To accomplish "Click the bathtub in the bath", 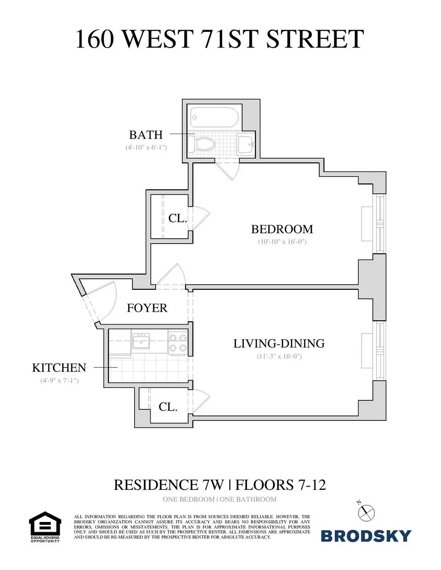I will click(214, 118).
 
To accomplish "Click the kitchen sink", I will click(141, 342).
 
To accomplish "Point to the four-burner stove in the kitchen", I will click(178, 342).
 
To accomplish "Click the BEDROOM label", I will click(282, 229).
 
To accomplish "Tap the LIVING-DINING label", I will click(279, 343).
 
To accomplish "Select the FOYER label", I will click(147, 308).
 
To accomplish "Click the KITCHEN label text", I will click(59, 368).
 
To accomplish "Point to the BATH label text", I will click(146, 134).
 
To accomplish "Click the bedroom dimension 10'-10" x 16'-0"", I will click(282, 242).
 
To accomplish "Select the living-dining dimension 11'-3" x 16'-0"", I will click(279, 356).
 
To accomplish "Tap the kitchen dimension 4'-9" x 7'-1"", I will click(58, 381).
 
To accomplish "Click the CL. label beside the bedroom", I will click(177, 219).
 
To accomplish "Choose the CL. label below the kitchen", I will click(168, 407).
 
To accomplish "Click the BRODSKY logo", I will click(366, 535).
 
